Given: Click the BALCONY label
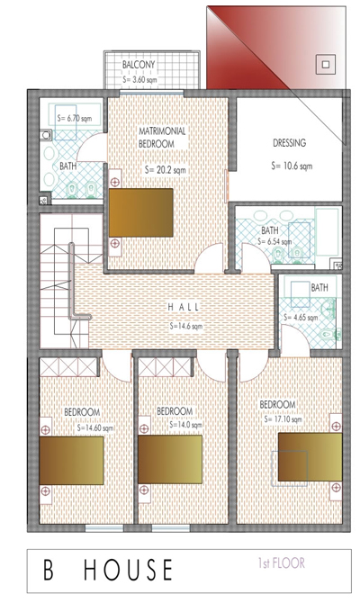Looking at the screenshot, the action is [139, 65].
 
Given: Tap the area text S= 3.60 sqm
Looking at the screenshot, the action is [140, 79].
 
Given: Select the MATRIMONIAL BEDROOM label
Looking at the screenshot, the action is [162, 137].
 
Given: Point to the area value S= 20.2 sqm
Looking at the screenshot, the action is [166, 170].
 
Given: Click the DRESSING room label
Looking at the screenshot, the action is [289, 143].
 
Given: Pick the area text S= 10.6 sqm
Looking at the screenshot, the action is [292, 166].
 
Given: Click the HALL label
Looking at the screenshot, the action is [184, 307].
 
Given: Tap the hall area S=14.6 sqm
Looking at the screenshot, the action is [186, 327].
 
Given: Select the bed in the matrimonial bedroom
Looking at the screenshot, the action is [141, 212].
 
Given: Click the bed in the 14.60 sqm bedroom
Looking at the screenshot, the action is [71, 461].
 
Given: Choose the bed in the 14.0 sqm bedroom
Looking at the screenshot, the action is [170, 459].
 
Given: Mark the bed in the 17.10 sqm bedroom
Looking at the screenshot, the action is [310, 456].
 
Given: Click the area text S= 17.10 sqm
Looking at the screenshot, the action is [283, 419].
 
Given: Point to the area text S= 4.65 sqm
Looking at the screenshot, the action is [301, 318].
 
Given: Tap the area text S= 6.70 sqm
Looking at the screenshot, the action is [75, 118].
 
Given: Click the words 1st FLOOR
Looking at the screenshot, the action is [281, 563].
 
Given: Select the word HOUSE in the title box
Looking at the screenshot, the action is [128, 570].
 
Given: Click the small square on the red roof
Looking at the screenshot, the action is [327, 64].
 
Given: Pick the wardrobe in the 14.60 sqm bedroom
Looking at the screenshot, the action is [67, 367].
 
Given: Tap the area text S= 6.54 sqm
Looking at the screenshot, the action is [274, 242].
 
